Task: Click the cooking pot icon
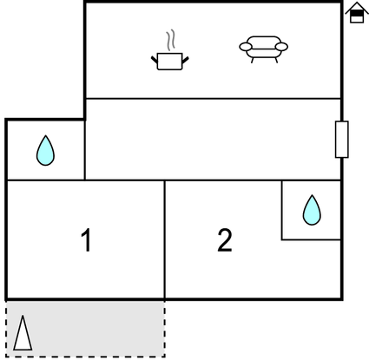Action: pyautogui.click(x=170, y=61)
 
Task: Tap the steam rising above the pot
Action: pyautogui.click(x=171, y=40)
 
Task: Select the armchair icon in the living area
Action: pyautogui.click(x=263, y=49)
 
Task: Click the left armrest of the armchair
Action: pyautogui.click(x=246, y=47)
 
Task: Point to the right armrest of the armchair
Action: pyautogui.click(x=281, y=47)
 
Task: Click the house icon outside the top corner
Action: pyautogui.click(x=357, y=12)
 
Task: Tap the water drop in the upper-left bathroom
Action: pyautogui.click(x=45, y=151)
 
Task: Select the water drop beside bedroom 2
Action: pyautogui.click(x=312, y=210)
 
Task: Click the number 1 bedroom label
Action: pyautogui.click(x=86, y=240)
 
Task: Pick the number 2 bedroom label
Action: pyautogui.click(x=225, y=240)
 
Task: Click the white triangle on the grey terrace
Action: pyautogui.click(x=23, y=333)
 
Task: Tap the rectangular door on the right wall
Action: pyautogui.click(x=342, y=140)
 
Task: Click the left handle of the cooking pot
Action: pyautogui.click(x=155, y=60)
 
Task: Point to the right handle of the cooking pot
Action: pyautogui.click(x=185, y=60)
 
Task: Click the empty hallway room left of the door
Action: pyautogui.click(x=213, y=140)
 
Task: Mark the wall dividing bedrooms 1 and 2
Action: pyautogui.click(x=165, y=239)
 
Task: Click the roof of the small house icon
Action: pyautogui.click(x=357, y=7)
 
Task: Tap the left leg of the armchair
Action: pyautogui.click(x=253, y=60)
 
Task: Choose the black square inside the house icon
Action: pyautogui.click(x=357, y=13)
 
